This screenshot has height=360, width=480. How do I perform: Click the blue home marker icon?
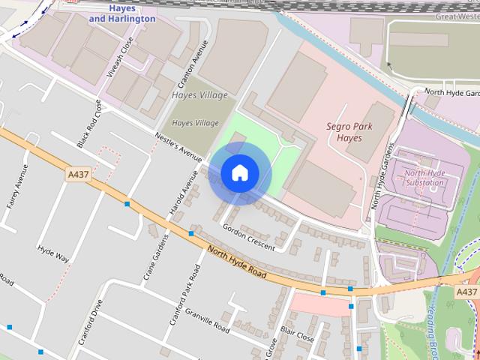[239, 173]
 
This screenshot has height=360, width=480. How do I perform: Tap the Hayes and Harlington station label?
[122, 13]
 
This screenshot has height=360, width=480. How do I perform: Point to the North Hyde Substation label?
[424, 178]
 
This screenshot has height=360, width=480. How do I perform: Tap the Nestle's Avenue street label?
[178, 147]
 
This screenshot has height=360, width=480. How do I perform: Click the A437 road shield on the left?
[78, 175]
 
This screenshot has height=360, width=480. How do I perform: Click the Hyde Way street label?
[53, 253]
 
